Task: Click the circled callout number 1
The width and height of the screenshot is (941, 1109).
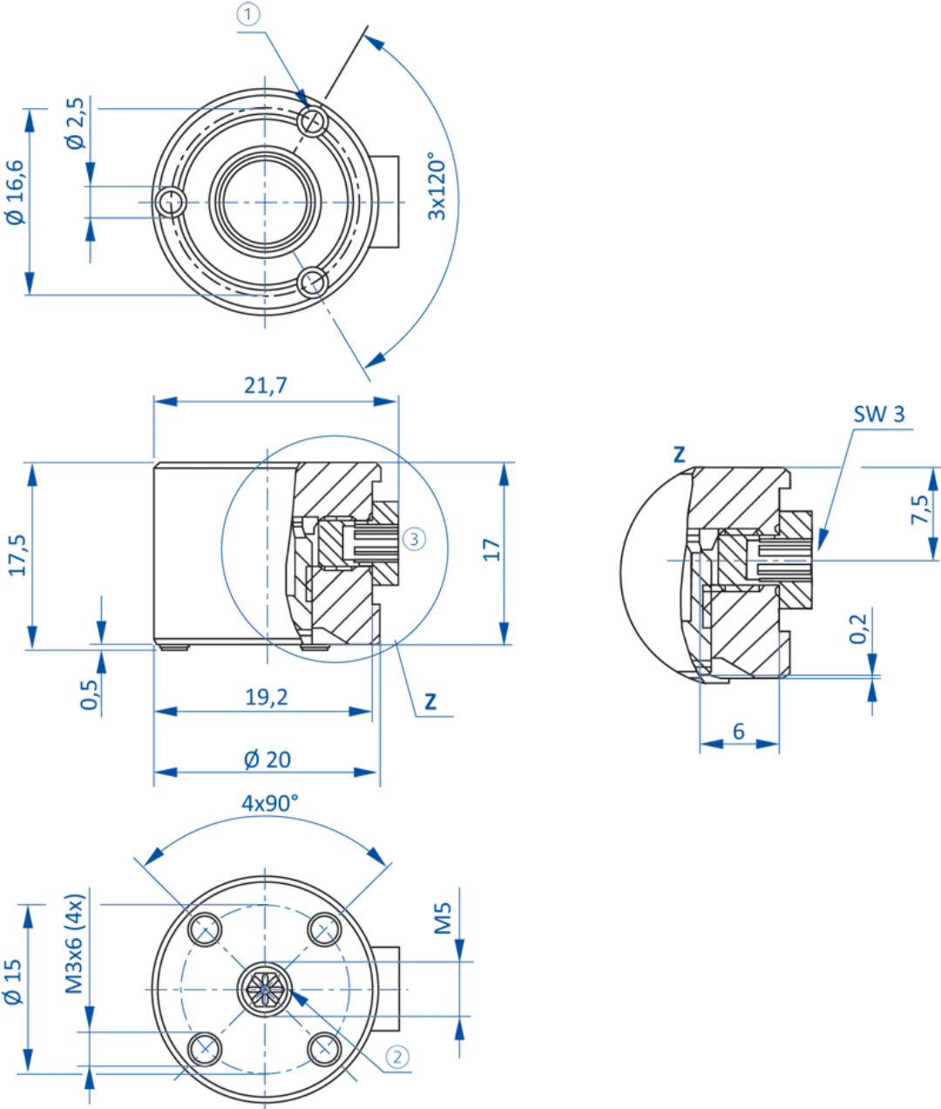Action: [250, 15]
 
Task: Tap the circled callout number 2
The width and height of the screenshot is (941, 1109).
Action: [396, 1058]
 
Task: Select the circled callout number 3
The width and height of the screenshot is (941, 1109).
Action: [414, 539]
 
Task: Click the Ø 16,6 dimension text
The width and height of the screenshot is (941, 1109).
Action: [15, 192]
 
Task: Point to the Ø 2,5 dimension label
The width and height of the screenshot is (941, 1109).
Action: [76, 123]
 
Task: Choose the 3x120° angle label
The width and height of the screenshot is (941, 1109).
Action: [437, 187]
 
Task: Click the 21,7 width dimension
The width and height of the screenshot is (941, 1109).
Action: [266, 385]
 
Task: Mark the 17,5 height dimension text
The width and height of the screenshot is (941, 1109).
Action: [18, 554]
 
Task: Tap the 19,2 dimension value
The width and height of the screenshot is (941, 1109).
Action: [266, 697]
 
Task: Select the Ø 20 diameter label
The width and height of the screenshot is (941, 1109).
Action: [267, 759]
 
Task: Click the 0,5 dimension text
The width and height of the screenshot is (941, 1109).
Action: [89, 694]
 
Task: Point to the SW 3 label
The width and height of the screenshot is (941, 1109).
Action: [878, 414]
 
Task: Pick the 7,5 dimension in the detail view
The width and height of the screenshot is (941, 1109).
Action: [920, 510]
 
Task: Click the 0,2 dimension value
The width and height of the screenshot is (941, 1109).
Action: [858, 629]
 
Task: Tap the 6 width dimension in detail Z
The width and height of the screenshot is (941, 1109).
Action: [739, 731]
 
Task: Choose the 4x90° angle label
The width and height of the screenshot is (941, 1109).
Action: [269, 803]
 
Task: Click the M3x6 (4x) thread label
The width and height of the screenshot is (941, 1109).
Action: [75, 943]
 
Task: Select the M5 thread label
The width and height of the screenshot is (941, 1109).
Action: [443, 919]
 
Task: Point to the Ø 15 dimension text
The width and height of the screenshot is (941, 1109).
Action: [12, 983]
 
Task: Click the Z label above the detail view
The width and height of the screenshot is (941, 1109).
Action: [680, 453]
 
